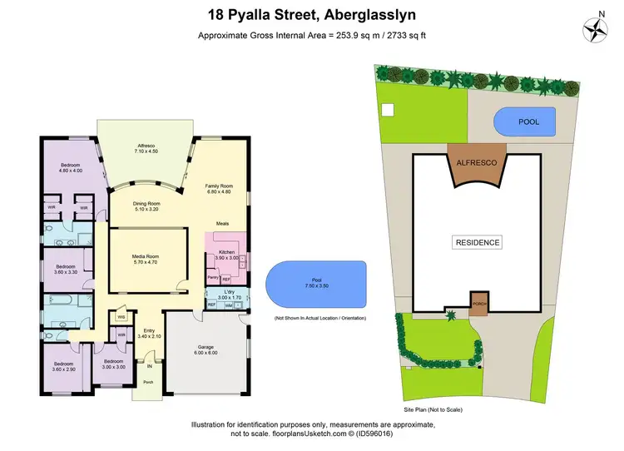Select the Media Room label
[x=146, y=258]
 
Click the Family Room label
[x=220, y=190]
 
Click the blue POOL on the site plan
[x=529, y=122]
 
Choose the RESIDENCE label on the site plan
[x=477, y=243]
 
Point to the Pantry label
[x=212, y=277]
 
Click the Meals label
[x=222, y=224]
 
